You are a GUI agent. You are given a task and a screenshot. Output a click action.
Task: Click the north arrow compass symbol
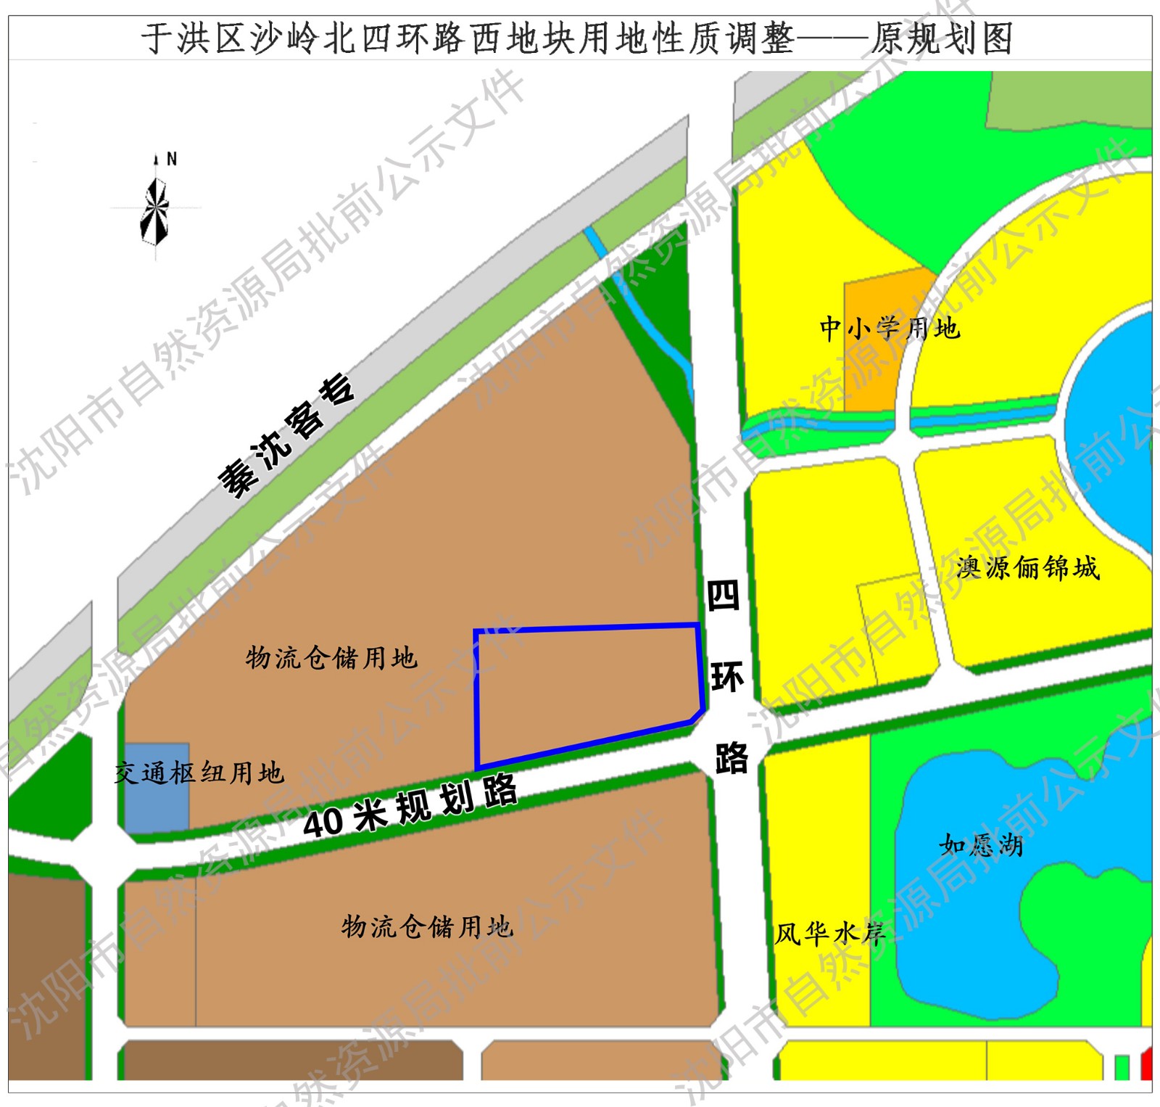point(154,211)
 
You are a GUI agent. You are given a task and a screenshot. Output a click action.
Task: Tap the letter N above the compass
point(172,159)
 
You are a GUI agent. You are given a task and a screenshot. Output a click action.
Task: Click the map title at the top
point(577,38)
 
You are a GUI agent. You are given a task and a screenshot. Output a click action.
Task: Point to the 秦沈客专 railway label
point(287,435)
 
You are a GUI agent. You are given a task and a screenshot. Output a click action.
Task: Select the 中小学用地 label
point(890,329)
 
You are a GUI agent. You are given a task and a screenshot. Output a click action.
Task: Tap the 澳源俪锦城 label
point(1027,567)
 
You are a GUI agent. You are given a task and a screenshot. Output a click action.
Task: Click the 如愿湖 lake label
point(980,845)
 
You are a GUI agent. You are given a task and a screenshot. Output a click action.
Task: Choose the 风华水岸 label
point(830,934)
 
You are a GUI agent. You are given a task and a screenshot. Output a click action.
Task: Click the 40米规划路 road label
point(410,806)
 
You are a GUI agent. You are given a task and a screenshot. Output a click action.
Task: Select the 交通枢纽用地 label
point(199,773)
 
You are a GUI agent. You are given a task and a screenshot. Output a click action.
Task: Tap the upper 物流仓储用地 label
point(331,658)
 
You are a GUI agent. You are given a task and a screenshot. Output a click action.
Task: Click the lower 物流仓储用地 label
point(428,926)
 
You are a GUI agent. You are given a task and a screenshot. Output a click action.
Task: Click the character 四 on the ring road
point(723,596)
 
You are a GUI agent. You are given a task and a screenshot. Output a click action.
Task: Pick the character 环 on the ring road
point(727,678)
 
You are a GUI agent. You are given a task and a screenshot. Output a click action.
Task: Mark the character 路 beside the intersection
point(732,759)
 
